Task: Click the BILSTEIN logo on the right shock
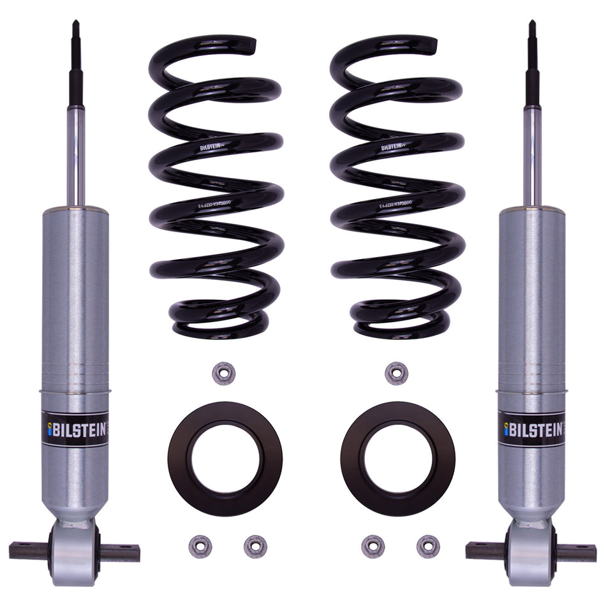(x=531, y=429)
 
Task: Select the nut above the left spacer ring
(x=223, y=373)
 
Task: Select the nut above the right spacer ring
(x=396, y=373)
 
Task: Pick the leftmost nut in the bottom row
(x=200, y=546)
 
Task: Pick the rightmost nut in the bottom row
(x=428, y=546)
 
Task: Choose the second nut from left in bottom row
(x=255, y=546)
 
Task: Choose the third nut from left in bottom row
(x=373, y=546)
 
